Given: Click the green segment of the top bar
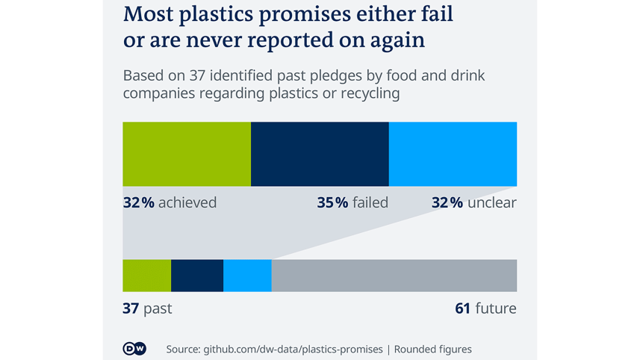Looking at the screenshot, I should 187,154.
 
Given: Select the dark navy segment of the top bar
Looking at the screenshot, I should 320,154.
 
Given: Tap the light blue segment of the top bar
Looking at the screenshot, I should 453,154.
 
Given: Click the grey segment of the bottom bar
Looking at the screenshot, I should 394,275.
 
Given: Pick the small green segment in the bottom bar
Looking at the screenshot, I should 146,275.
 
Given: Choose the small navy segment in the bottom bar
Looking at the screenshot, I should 197,275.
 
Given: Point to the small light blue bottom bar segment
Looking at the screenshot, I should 247,275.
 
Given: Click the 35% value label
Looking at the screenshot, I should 332,202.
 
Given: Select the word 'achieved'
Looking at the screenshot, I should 187,202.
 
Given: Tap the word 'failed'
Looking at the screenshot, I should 370,202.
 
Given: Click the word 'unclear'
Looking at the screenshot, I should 491,202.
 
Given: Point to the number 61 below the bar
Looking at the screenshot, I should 462,308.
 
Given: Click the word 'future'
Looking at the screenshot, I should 496,308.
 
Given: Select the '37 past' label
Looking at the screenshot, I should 147,308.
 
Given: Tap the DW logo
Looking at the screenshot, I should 134,349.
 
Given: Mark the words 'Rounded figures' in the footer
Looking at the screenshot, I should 433,349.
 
